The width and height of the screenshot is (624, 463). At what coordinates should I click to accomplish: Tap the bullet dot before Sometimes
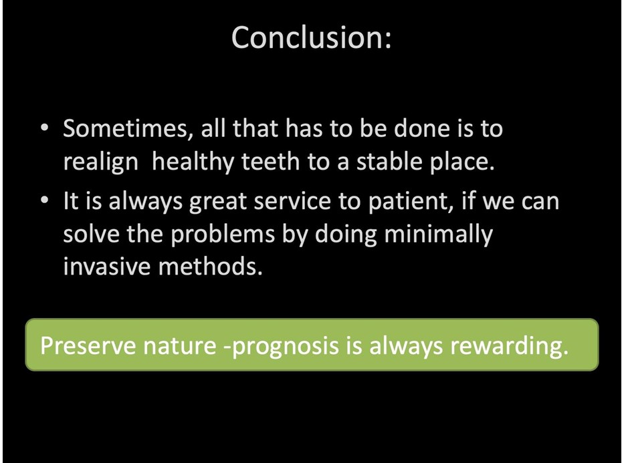[45, 128]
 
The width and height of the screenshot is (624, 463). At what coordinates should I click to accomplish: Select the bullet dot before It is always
[45, 200]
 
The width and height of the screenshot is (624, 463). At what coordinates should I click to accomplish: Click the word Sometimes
[125, 129]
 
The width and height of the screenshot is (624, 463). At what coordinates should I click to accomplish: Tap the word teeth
[271, 162]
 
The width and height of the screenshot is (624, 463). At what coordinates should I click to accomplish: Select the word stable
[389, 162]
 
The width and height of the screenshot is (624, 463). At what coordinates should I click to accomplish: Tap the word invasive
[107, 267]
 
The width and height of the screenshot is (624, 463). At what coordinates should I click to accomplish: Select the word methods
[211, 266]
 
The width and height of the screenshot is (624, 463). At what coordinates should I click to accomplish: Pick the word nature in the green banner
[180, 346]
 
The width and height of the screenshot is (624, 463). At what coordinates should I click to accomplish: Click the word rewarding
[510, 347]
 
